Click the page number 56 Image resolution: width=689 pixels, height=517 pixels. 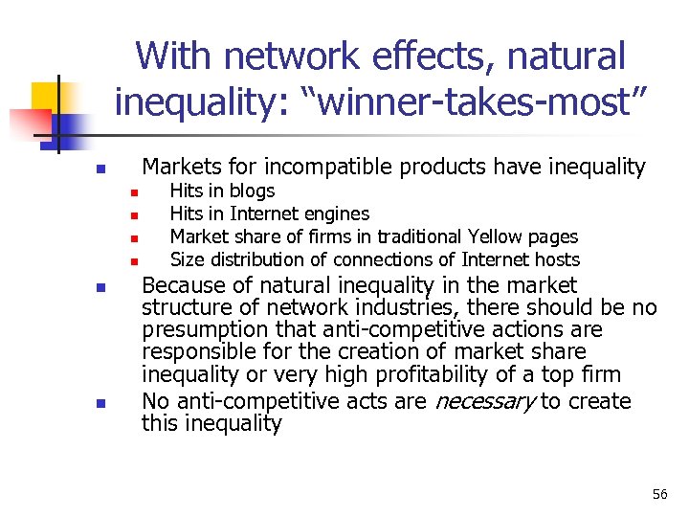point(659,494)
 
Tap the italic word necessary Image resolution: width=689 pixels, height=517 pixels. point(485,401)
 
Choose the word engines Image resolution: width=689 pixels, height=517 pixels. point(338,214)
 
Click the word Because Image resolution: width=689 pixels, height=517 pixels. point(186,285)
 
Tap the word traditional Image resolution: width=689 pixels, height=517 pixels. point(420,236)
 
